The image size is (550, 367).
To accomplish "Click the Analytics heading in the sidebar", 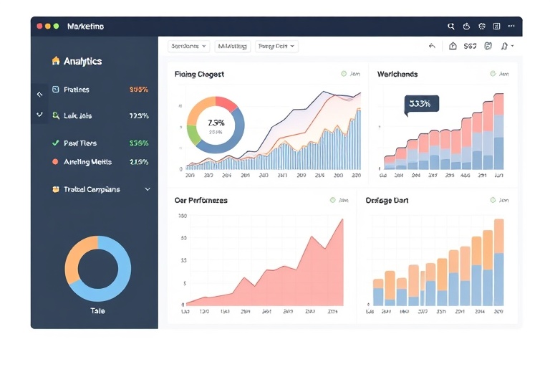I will [82, 62].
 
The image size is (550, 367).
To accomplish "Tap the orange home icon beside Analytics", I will [55, 61].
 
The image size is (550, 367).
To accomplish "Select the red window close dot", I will [39, 26].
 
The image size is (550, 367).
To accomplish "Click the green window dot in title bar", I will [56, 26].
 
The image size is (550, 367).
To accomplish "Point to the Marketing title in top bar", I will [85, 27].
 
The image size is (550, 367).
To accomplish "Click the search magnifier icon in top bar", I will [451, 27].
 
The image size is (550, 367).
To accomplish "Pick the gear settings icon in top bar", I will [481, 27].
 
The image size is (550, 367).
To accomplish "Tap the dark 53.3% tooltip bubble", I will [421, 104].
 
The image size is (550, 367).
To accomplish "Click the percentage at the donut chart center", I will [216, 123].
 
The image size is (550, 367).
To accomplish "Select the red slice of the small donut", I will [228, 103].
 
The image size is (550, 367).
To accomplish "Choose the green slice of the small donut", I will [193, 135].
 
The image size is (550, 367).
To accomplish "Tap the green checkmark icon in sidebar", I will [55, 143].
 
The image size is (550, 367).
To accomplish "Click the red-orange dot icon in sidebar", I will [55, 162].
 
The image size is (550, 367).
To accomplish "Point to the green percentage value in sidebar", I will [138, 143].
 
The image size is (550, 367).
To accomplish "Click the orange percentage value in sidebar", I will [138, 90].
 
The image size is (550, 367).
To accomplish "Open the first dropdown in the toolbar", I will [189, 46].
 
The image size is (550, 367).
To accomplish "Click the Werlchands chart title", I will [397, 74].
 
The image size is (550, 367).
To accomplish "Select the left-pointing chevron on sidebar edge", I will [39, 94].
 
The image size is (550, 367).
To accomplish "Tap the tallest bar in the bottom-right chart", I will [498, 262].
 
